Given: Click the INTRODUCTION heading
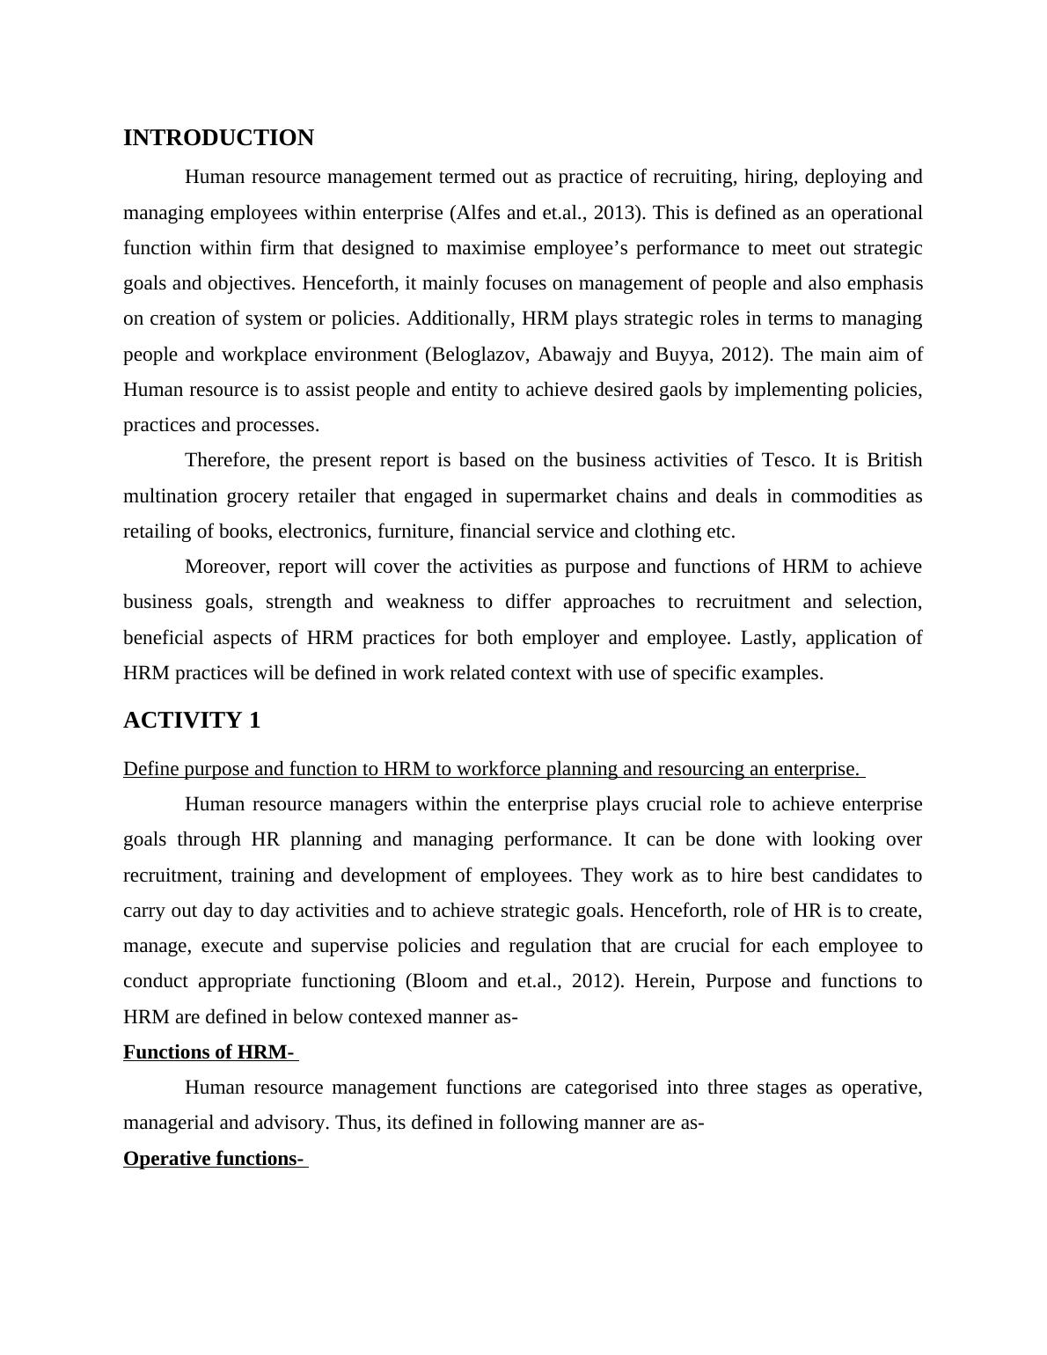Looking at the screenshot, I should (218, 138).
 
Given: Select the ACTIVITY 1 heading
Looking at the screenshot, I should (192, 721).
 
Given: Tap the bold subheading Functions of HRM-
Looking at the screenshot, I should (209, 1052).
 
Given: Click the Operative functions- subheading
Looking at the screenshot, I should (214, 1159).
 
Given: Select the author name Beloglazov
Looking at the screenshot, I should (480, 355).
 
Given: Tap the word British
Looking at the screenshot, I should (894, 460).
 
